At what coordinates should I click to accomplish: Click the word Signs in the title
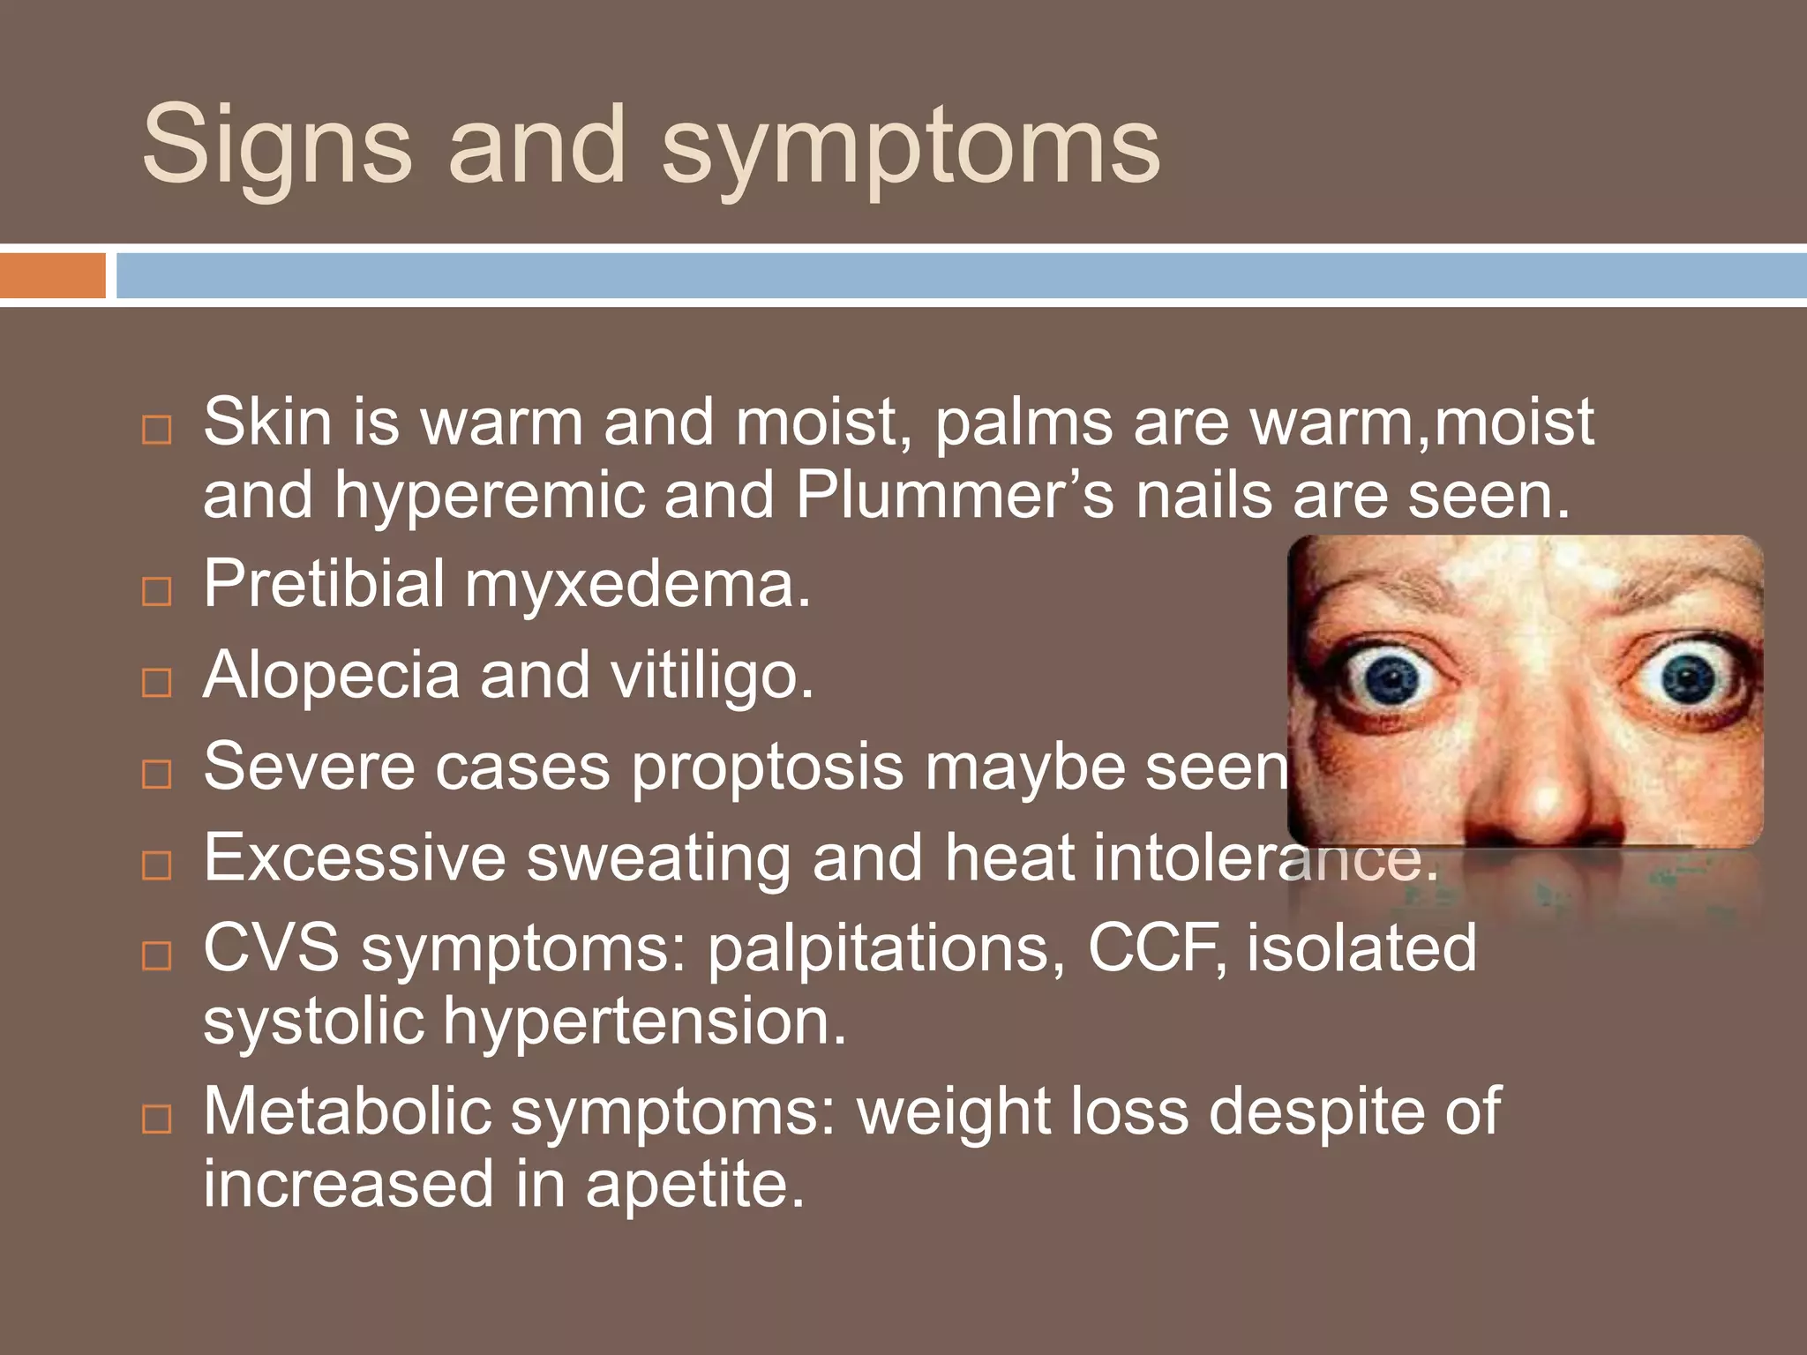(276, 146)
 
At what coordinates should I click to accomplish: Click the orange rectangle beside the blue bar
(52, 275)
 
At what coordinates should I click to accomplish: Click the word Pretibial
(324, 584)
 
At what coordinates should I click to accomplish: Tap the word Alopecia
(331, 676)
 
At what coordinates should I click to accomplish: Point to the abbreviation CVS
(271, 948)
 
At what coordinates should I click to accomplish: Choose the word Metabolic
(347, 1112)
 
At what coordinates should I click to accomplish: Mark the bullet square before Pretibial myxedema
(157, 591)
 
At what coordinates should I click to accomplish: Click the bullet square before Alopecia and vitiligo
(157, 682)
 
